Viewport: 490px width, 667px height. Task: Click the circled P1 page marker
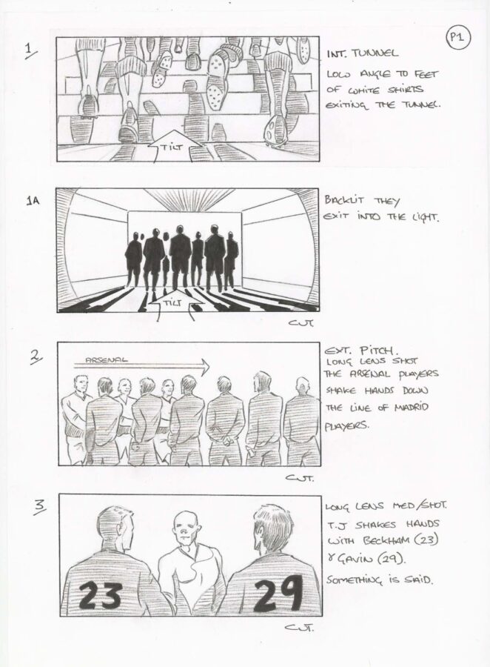(x=457, y=38)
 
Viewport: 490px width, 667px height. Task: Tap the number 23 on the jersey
(x=101, y=595)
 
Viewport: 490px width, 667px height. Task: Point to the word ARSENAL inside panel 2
(x=106, y=359)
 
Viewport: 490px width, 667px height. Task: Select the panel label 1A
(x=33, y=200)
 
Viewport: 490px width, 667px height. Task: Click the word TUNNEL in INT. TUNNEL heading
(x=375, y=53)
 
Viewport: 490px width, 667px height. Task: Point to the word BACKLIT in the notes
(x=342, y=200)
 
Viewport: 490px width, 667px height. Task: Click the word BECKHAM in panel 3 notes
(x=386, y=540)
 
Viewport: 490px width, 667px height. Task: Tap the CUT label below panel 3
(x=299, y=628)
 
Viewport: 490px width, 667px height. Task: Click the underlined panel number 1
(x=30, y=51)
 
